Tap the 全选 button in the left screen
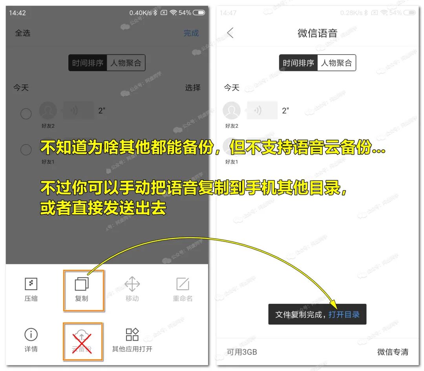pyautogui.click(x=22, y=33)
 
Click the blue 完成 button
pyautogui.click(x=191, y=33)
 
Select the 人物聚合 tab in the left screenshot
pyautogui.click(x=126, y=63)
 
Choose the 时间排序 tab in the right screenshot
pyautogui.click(x=298, y=63)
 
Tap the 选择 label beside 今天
pyautogui.click(x=193, y=88)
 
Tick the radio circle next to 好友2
pyautogui.click(x=26, y=114)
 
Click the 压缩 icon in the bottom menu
pyautogui.click(x=31, y=284)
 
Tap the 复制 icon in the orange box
pyautogui.click(x=82, y=284)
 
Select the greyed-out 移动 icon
pyautogui.click(x=132, y=284)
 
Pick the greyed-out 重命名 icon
pyautogui.click(x=183, y=284)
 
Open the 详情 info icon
pyautogui.click(x=31, y=334)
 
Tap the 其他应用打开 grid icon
pyautogui.click(x=132, y=334)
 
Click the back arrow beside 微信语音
pyautogui.click(x=230, y=33)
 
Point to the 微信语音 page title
pyautogui.click(x=317, y=33)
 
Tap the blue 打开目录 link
pyautogui.click(x=344, y=314)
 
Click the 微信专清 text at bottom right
pyautogui.click(x=393, y=352)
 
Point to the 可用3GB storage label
pyautogui.click(x=242, y=352)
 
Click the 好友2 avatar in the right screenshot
pyautogui.click(x=232, y=111)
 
